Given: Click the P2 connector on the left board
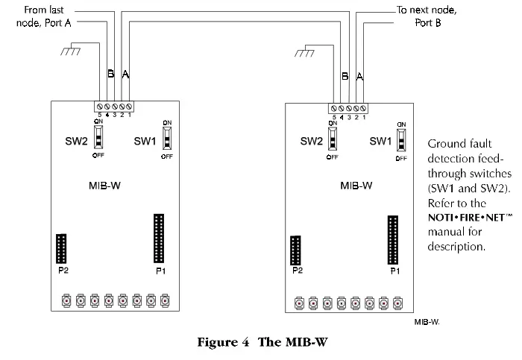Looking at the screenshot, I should [62, 249].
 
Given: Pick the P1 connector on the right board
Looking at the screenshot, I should [392, 240].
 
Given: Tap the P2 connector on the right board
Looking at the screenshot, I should [297, 250].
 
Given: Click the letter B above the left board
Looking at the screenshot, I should [110, 75].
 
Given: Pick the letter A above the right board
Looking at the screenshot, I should [360, 76].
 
